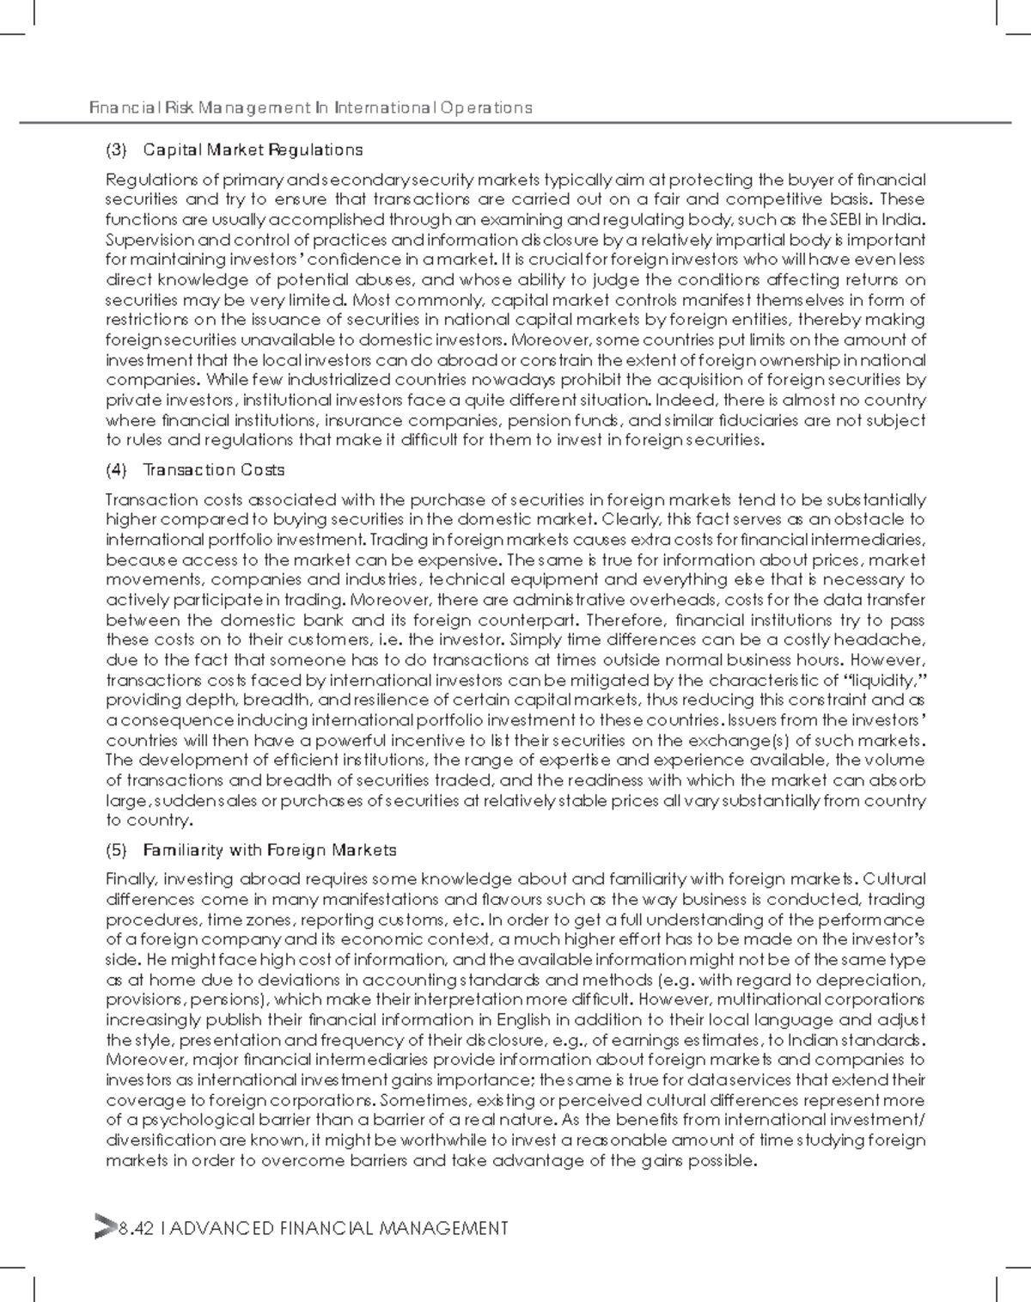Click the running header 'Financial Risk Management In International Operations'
311,107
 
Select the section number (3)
116,150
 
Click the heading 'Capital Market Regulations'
253,150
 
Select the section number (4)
116,470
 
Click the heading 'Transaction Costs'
214,470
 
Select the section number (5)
116,851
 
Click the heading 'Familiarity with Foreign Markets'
270,851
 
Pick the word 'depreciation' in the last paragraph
878,981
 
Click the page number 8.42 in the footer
137,1229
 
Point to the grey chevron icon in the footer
103,1228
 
